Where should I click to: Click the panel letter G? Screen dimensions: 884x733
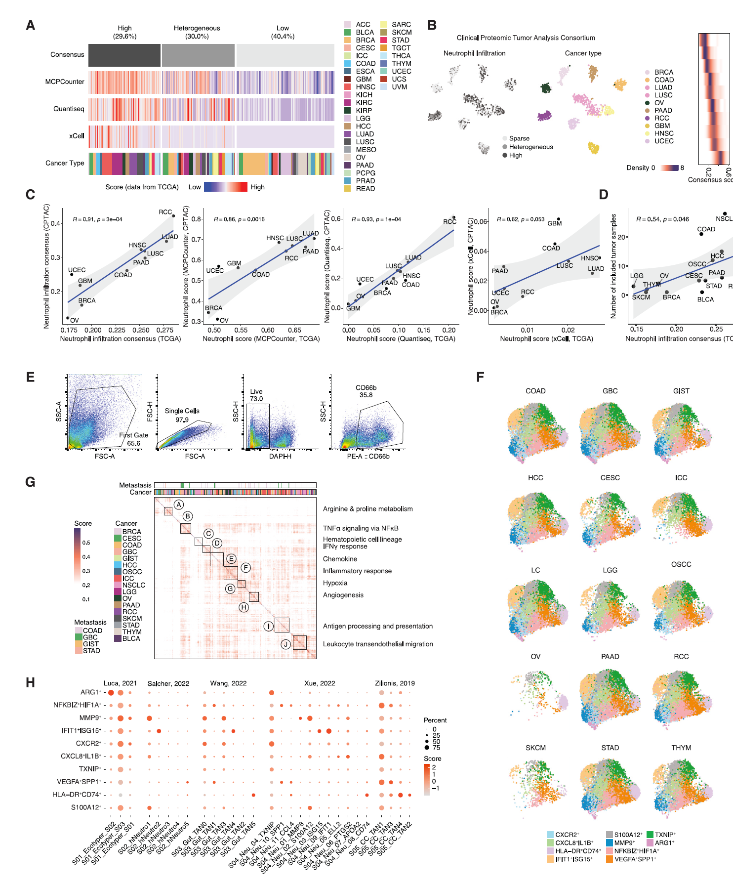(x=30, y=482)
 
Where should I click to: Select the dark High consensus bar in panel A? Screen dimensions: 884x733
(x=124, y=55)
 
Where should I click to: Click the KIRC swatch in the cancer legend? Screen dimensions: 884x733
(x=348, y=103)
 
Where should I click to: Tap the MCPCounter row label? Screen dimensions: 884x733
(x=65, y=82)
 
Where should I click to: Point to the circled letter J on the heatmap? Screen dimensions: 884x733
(x=285, y=644)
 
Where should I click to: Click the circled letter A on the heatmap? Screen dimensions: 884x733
(x=179, y=505)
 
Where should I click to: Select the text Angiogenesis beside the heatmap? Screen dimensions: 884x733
(x=343, y=595)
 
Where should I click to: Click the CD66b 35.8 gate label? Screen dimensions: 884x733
(x=366, y=391)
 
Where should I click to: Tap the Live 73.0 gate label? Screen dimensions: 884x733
(x=256, y=395)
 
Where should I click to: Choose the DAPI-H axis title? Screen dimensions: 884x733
(x=280, y=457)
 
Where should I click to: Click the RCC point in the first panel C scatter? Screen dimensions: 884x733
(x=173, y=216)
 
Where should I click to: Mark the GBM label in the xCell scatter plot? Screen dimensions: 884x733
(x=555, y=223)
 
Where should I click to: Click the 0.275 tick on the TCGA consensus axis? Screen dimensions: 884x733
(x=165, y=330)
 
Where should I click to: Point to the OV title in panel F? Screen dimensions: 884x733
(x=535, y=657)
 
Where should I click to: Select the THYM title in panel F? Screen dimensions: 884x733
(x=681, y=748)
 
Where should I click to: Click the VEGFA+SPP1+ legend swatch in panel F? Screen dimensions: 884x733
(x=610, y=859)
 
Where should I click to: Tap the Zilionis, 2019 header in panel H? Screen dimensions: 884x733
(x=395, y=683)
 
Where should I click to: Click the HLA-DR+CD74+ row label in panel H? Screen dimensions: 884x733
(x=77, y=795)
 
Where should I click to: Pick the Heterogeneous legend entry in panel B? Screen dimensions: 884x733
(x=531, y=147)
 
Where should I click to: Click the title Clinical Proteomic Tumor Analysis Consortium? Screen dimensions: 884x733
(x=526, y=38)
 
